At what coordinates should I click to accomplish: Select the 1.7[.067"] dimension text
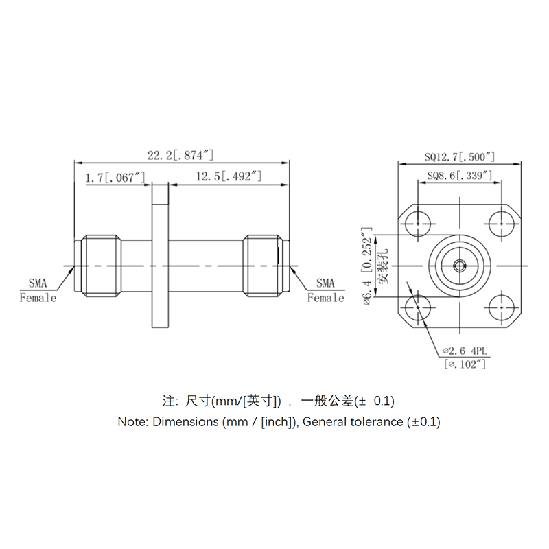point(115,178)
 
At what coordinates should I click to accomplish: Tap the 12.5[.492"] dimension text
point(229,178)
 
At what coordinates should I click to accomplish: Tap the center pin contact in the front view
point(459,264)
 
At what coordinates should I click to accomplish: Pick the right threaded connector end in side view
point(262,266)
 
